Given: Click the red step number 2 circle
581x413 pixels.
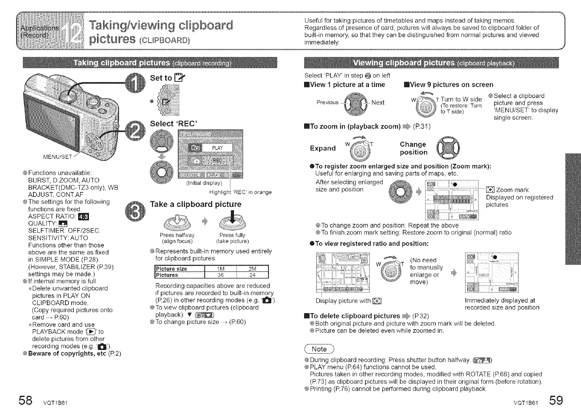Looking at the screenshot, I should pyautogui.click(x=134, y=132).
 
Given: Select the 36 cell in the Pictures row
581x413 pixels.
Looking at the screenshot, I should pyautogui.click(x=220, y=275).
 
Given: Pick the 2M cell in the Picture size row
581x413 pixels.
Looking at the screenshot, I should pyautogui.click(x=252, y=269).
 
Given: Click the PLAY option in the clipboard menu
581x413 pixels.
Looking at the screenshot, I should pyautogui.click(x=217, y=148).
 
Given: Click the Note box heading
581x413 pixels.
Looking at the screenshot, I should pyautogui.click(x=319, y=349).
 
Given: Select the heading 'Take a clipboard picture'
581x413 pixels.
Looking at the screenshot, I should pyautogui.click(x=196, y=204).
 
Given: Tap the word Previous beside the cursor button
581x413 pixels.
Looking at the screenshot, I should pyautogui.click(x=327, y=102).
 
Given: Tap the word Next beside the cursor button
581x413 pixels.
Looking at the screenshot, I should pyautogui.click(x=377, y=102).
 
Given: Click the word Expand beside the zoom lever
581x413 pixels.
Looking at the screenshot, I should pyautogui.click(x=323, y=148).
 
